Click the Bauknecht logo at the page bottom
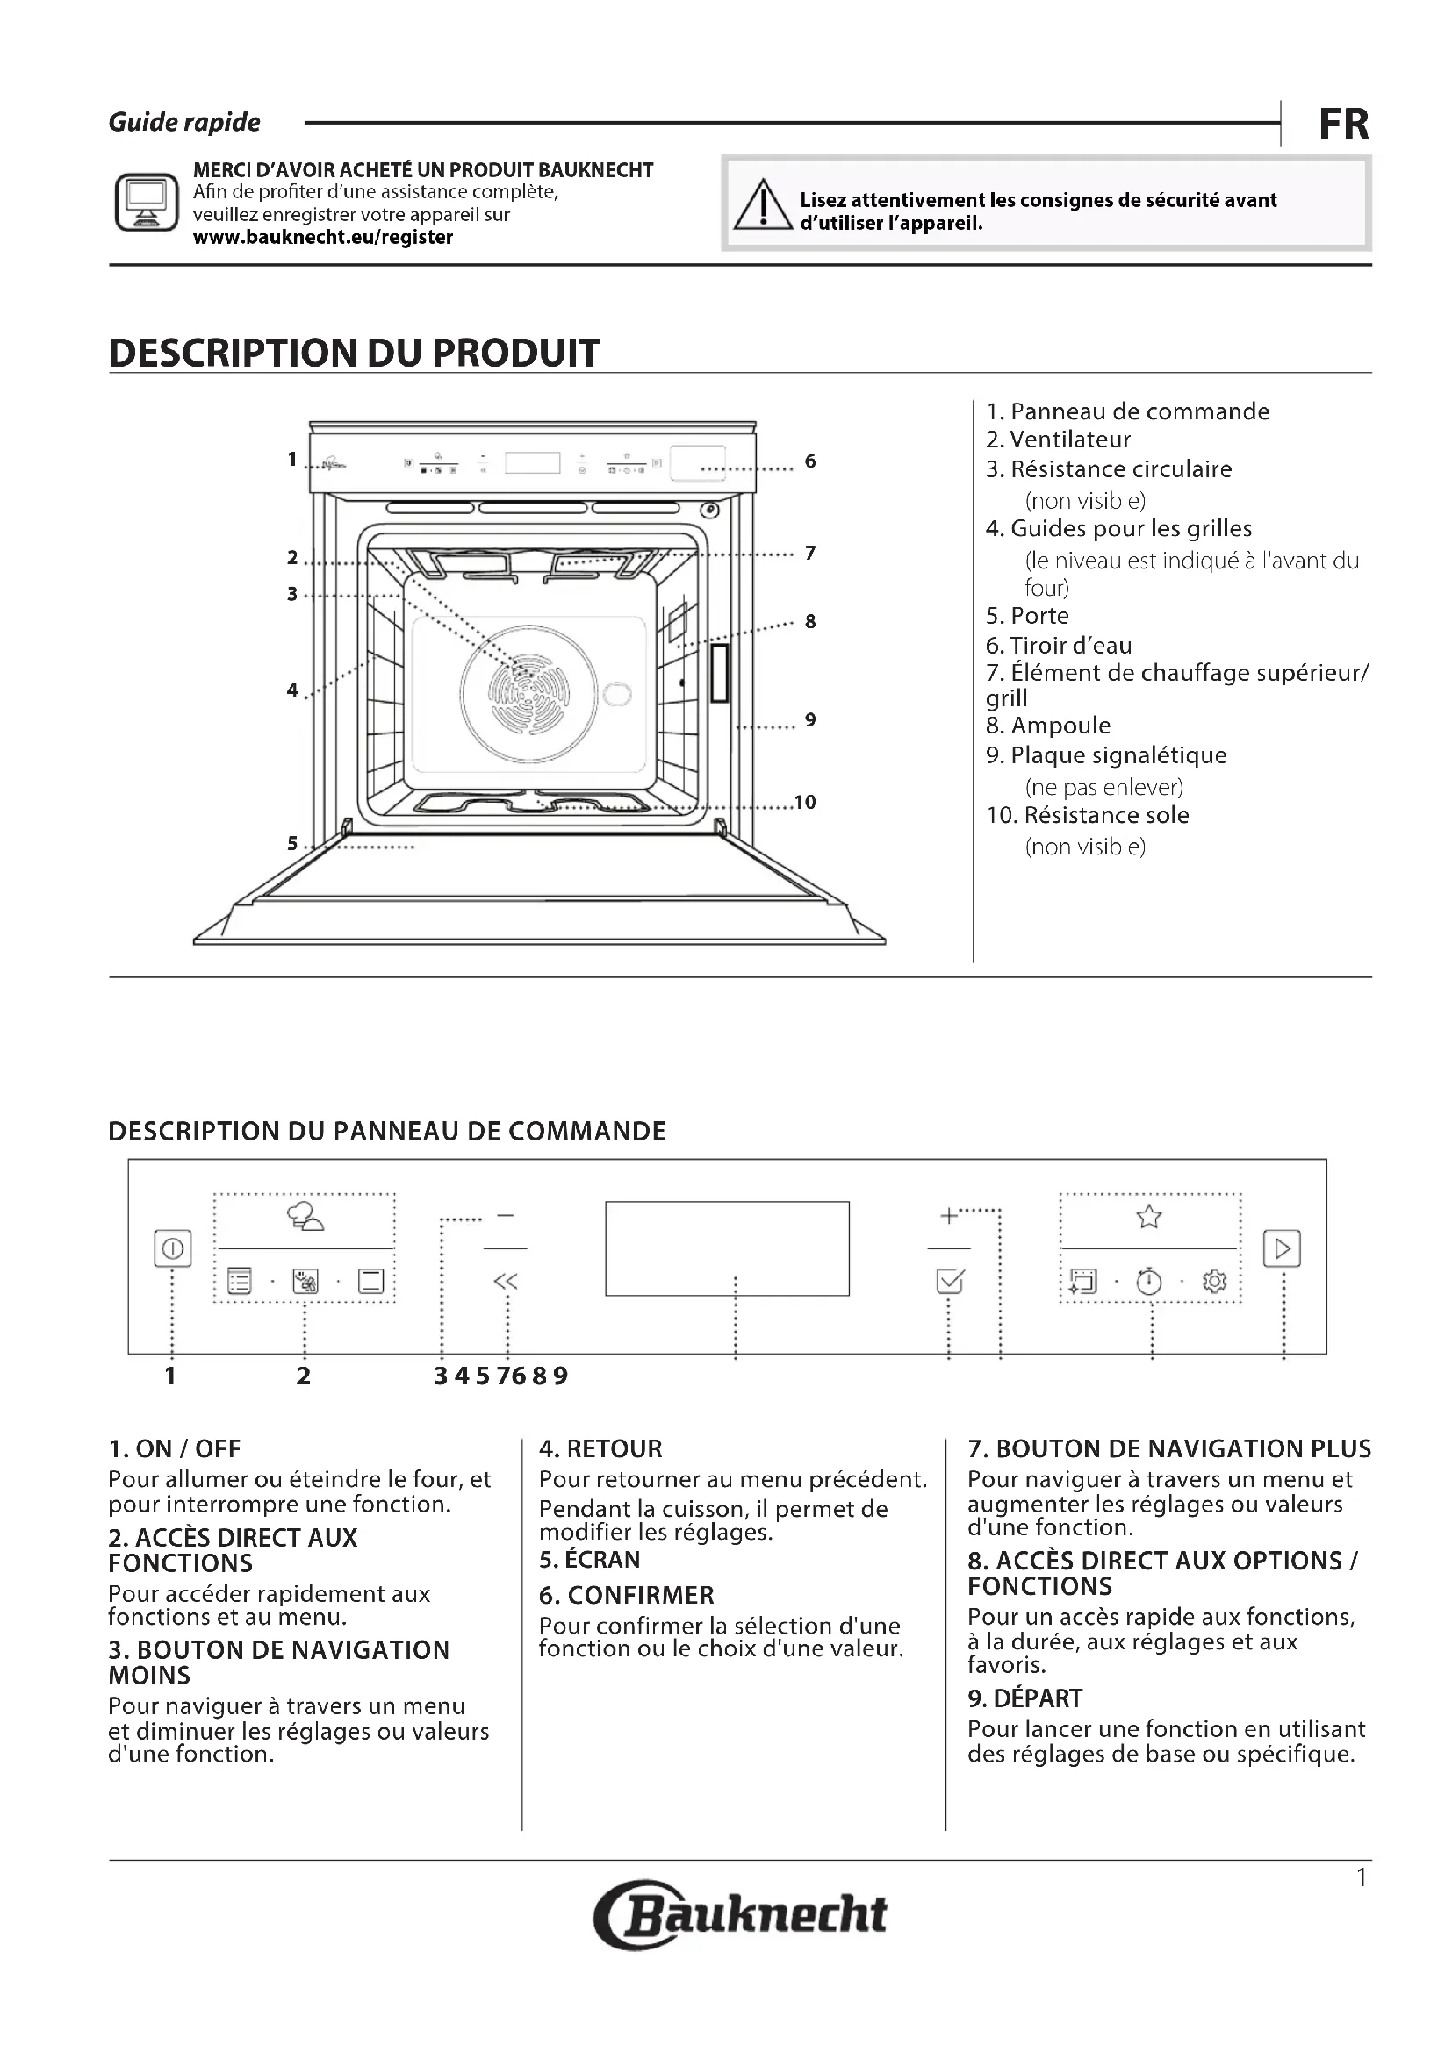[740, 1914]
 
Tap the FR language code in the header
[1343, 125]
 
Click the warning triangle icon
[762, 204]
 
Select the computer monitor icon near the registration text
[147, 203]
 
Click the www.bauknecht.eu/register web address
[323, 238]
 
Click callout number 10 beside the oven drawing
[805, 803]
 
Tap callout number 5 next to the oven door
[292, 843]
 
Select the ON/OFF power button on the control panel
[173, 1248]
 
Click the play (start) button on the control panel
[1281, 1248]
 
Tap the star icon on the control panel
[1149, 1216]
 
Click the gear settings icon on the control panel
[1214, 1282]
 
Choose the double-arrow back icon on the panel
[505, 1282]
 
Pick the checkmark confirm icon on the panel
[949, 1282]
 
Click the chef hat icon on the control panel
[305, 1216]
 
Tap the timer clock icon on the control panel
[1149, 1283]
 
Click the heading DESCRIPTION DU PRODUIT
[354, 353]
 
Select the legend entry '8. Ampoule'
[1048, 726]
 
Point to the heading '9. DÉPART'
[1024, 1698]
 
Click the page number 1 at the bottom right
[1361, 1877]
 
